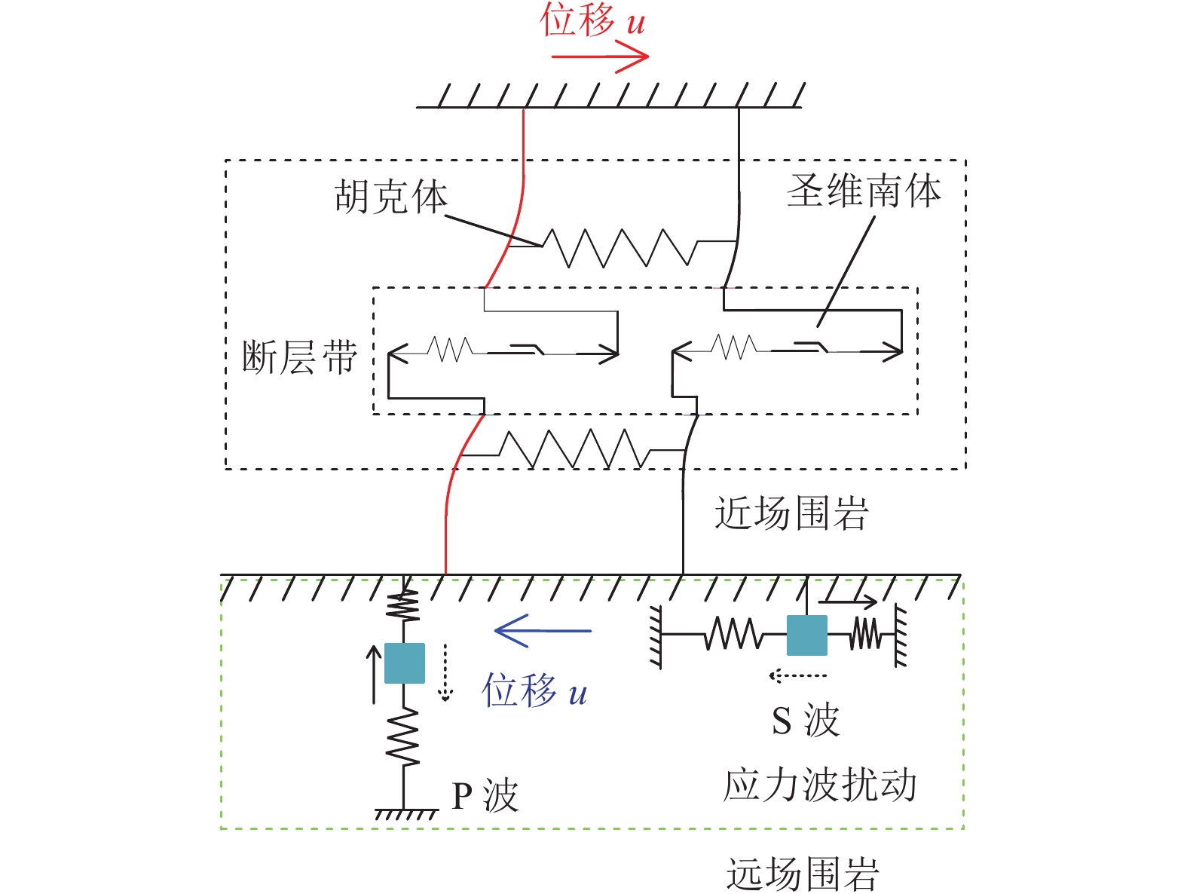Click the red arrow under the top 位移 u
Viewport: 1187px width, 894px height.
pos(600,57)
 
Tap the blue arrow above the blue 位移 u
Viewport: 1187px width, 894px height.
pos(543,630)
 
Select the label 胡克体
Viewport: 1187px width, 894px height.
pos(390,197)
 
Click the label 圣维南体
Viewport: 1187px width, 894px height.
pos(864,191)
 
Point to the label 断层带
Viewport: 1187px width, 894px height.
pos(299,357)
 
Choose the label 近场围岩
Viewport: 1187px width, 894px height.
pos(791,513)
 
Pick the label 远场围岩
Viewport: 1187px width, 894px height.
pos(803,874)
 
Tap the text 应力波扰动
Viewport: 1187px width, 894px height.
pos(820,785)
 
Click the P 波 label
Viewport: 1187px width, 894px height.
pos(485,796)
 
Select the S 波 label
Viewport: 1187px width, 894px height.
pos(805,720)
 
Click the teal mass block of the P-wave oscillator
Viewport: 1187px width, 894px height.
pos(405,663)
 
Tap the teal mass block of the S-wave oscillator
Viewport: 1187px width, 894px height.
pos(806,635)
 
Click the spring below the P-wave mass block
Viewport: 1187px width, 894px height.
pos(404,737)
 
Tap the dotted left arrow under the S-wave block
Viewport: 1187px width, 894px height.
pos(797,675)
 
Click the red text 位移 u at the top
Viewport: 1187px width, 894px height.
pos(592,20)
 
